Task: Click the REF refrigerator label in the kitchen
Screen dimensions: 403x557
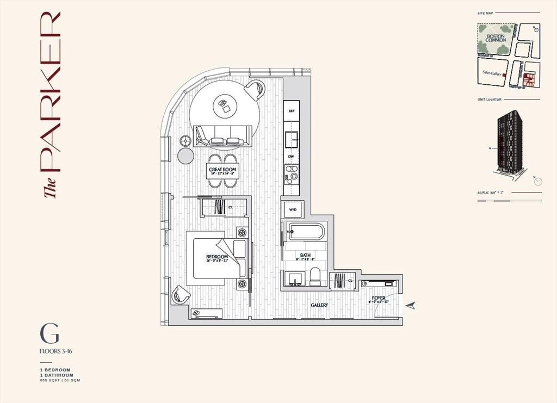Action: [x=291, y=110]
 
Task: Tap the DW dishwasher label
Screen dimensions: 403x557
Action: [x=291, y=157]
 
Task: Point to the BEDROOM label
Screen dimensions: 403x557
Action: [x=216, y=257]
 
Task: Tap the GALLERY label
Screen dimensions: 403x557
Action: [x=319, y=306]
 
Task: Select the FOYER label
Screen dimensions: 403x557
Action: [x=379, y=299]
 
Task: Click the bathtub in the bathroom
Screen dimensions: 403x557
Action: [x=306, y=232]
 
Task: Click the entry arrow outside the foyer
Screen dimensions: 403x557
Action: [x=413, y=306]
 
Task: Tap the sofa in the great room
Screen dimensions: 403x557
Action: [x=222, y=136]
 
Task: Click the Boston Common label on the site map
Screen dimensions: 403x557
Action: [x=496, y=38]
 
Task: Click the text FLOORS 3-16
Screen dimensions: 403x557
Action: [x=56, y=351]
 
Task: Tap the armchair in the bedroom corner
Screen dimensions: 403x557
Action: [x=181, y=295]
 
